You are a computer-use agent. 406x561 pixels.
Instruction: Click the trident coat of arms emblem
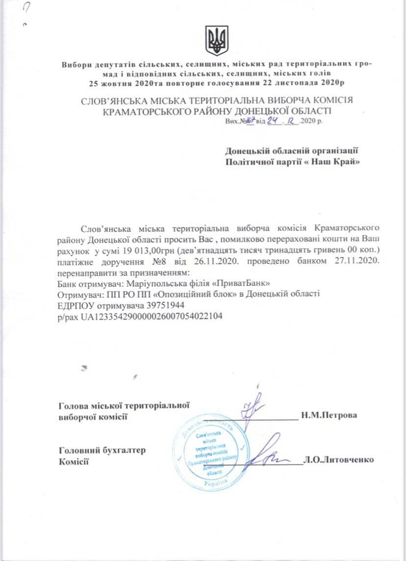[216, 41]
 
